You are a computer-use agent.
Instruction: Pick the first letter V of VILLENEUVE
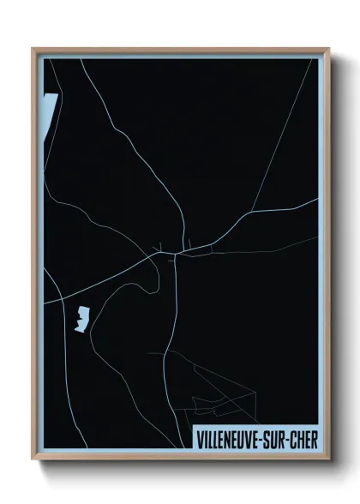pos(200,440)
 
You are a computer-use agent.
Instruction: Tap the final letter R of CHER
pos(314,440)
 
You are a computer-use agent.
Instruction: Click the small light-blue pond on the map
pos(82,319)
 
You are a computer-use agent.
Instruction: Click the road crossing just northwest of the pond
pos(61,297)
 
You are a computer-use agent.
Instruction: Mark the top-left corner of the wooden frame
pos(33,49)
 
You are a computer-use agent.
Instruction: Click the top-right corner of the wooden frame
pos(328,49)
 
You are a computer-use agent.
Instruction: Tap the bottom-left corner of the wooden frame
pos(33,461)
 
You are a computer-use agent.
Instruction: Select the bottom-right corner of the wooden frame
pos(328,461)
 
